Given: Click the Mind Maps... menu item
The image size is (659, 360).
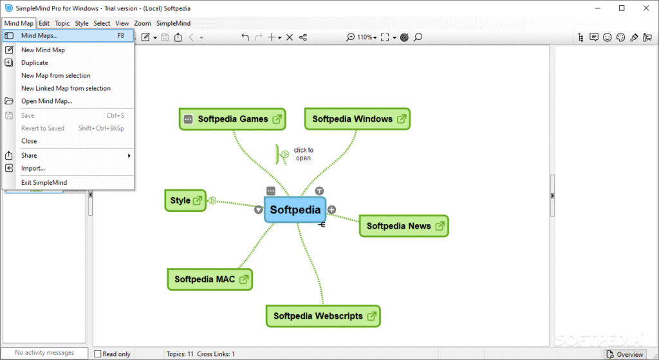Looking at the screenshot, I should [39, 36].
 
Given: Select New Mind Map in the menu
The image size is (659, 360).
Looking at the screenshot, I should [42, 50].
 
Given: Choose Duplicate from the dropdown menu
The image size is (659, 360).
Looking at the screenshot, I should [35, 62].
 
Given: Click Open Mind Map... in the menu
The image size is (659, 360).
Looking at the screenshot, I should [46, 101].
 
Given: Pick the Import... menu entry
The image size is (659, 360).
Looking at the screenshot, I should [33, 168].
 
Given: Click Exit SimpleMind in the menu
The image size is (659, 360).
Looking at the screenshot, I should [44, 182].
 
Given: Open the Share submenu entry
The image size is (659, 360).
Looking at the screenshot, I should [29, 155].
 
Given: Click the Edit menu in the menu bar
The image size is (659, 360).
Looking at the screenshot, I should [44, 23].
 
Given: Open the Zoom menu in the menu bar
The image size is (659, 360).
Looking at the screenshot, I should [142, 23].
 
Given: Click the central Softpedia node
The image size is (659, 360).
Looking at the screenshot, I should [295, 210].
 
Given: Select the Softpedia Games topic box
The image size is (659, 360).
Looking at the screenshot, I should [232, 119].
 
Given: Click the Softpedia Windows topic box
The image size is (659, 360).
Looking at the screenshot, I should [357, 119].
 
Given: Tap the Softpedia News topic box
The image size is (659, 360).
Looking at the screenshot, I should [404, 226].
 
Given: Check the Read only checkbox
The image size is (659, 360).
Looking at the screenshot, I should [98, 354].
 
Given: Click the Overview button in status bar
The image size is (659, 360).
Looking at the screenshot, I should [625, 354].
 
